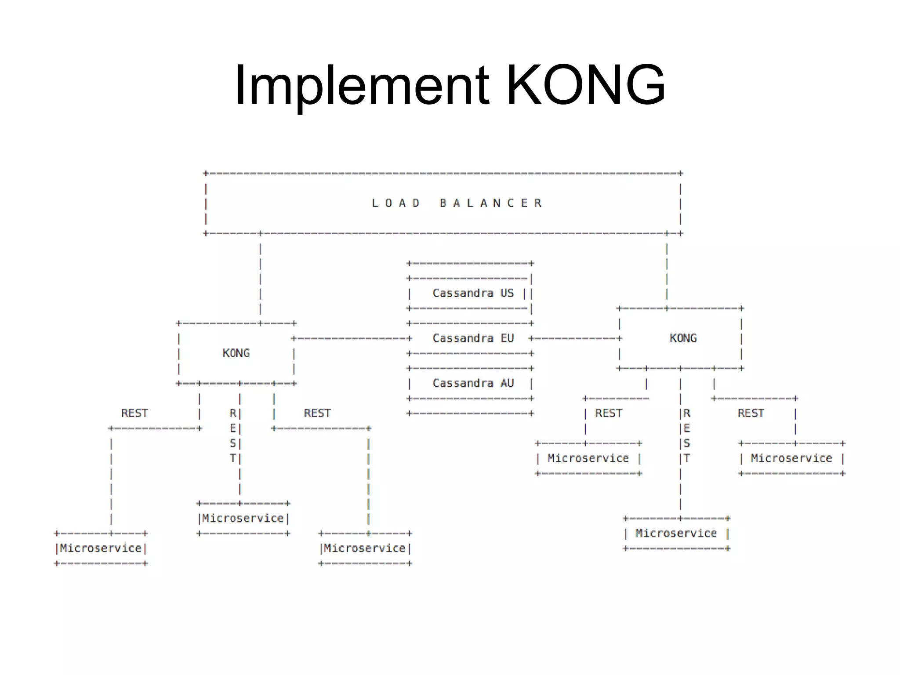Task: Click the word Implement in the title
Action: coord(362,86)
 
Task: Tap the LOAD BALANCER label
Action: coord(457,203)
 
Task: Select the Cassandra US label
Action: coord(473,293)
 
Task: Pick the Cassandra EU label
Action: coord(473,338)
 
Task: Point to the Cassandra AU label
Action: coord(473,383)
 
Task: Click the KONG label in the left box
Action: coord(236,353)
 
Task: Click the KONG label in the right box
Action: coord(683,338)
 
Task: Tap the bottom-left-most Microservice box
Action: coord(101,548)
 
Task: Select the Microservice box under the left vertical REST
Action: coord(243,519)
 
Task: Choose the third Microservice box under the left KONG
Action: coord(365,548)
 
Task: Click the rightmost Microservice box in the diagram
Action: coord(791,458)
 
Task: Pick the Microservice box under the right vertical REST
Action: coord(676,533)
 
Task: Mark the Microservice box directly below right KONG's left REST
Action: coord(588,458)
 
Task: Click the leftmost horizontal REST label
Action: coord(134,414)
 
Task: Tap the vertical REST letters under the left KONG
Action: coord(233,436)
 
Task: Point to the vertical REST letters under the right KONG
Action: coord(687,436)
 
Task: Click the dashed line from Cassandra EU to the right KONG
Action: coord(575,339)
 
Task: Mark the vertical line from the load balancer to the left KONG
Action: coord(260,279)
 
